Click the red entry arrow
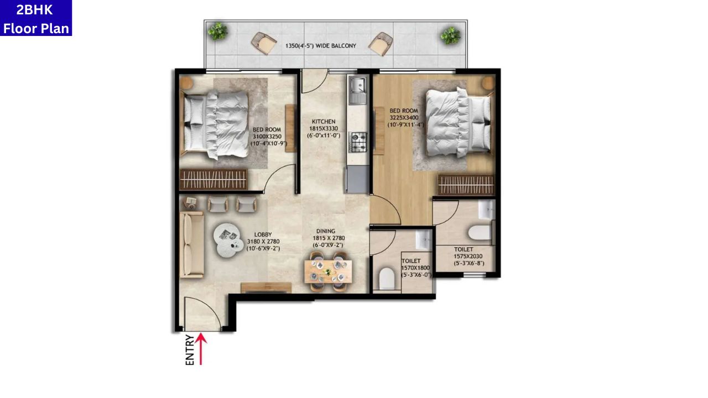[201, 348]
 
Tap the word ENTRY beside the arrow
[190, 350]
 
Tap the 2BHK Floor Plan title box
[36, 18]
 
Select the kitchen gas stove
[358, 142]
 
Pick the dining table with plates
[328, 271]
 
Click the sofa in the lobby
[192, 245]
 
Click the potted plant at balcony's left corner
[217, 31]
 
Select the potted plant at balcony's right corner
[450, 35]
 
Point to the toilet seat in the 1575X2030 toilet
[480, 232]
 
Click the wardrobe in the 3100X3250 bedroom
[214, 180]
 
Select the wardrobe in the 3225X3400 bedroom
[466, 185]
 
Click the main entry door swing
[202, 313]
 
